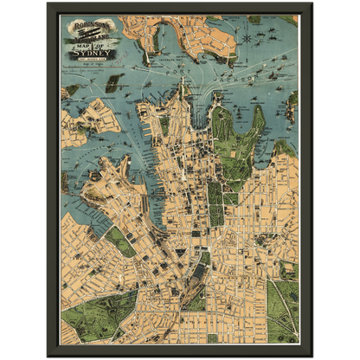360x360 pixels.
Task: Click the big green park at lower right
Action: click(x=280, y=307)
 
